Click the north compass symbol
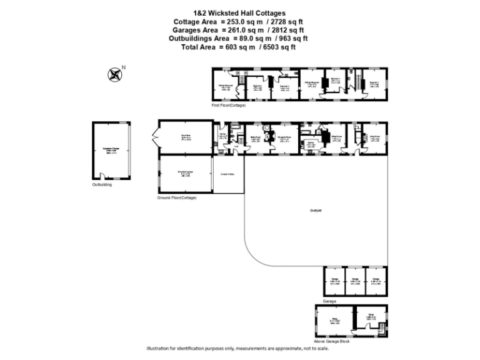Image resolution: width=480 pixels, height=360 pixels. pos(114,74)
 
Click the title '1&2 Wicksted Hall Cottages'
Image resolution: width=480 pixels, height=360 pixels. pos(238,13)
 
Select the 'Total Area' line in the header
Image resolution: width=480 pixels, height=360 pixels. pos(238,47)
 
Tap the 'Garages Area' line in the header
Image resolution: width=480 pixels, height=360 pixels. pos(238,29)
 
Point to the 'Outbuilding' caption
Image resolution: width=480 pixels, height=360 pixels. pos(102,185)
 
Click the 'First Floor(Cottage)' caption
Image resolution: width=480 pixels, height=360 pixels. pos(228,106)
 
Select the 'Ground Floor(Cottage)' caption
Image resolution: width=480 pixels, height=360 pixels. pos(177,198)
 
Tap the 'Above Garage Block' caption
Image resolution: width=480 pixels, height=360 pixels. pos(332,341)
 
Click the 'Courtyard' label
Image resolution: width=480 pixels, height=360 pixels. pos(316,210)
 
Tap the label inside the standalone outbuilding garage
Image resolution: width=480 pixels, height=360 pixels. pos(112,150)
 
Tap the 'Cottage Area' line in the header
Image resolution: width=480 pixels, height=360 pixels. pos(238,21)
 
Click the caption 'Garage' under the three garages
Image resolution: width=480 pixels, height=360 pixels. pos(329,301)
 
